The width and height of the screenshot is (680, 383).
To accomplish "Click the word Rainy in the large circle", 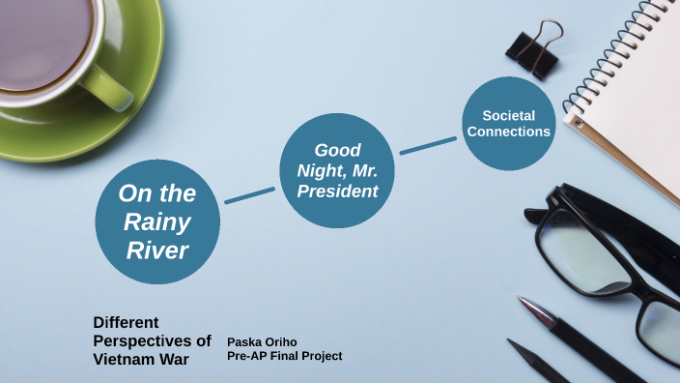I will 156,221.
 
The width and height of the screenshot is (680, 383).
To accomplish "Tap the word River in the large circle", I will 156,250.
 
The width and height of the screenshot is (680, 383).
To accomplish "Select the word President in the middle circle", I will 338,191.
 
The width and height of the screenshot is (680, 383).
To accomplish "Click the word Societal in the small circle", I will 509,115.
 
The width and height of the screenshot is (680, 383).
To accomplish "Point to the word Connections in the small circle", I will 509,132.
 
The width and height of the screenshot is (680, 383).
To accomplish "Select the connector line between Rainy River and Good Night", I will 249,194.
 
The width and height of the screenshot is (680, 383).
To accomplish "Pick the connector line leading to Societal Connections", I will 428,145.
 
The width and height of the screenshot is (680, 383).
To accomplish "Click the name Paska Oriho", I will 261,342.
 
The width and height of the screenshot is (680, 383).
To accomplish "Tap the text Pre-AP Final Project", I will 284,356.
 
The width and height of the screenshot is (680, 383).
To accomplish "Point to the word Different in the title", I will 126,322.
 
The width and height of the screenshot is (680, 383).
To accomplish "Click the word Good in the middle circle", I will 338,150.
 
